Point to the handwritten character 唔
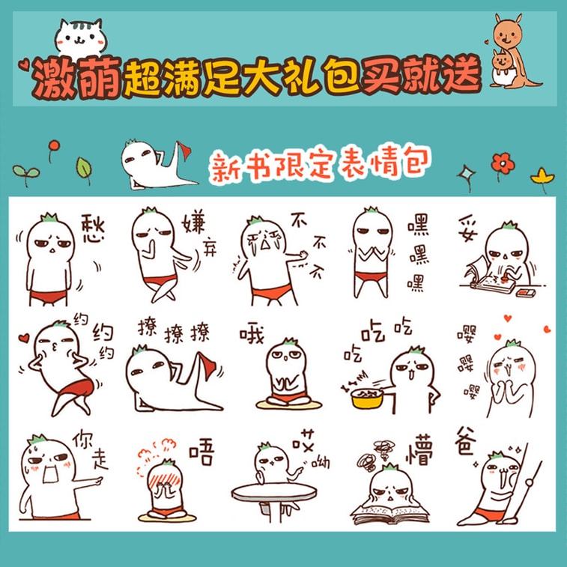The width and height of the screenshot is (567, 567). coord(200,452)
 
